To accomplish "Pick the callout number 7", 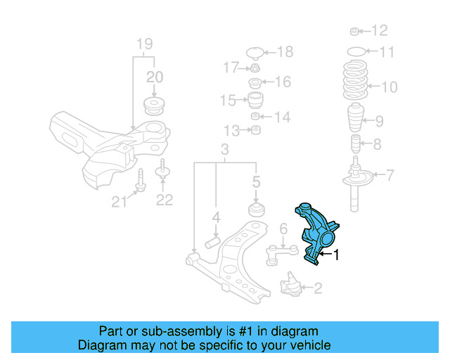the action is pyautogui.click(x=390, y=174).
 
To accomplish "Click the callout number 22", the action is pyautogui.click(x=164, y=200).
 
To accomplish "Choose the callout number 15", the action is pyautogui.click(x=228, y=101).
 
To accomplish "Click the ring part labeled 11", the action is pyautogui.click(x=356, y=51).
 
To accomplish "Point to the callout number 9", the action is pyautogui.click(x=379, y=121).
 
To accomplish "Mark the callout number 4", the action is pyautogui.click(x=217, y=217).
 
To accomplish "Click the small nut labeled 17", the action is pyautogui.click(x=255, y=68).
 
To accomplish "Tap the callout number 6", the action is pyautogui.click(x=283, y=228).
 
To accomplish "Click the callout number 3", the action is pyautogui.click(x=224, y=149).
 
